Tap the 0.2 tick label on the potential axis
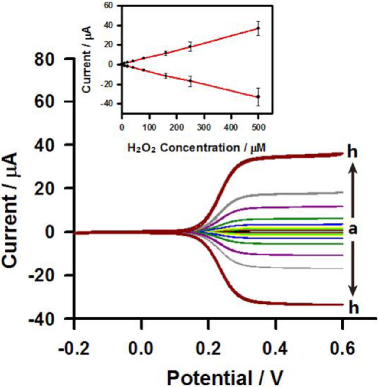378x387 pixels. [208, 349]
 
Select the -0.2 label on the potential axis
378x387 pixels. [74, 349]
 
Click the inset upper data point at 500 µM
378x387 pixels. [258, 28]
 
